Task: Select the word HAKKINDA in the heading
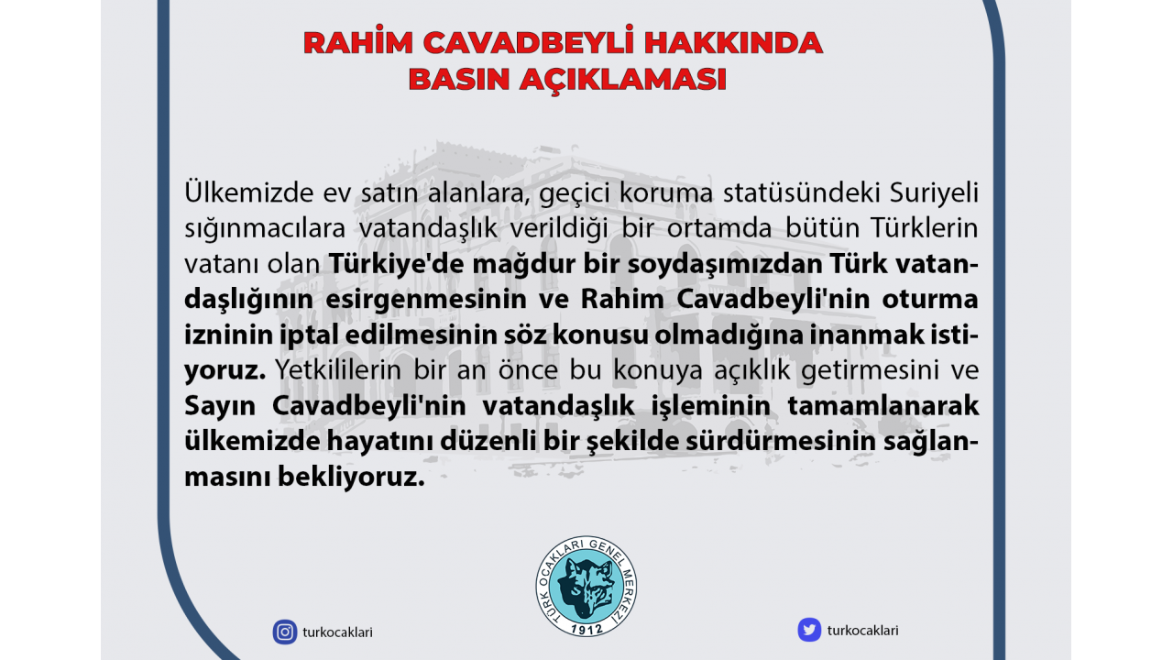[x=733, y=43]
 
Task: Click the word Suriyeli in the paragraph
[x=934, y=193]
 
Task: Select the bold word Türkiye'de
[x=397, y=264]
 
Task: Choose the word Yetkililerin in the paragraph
[x=339, y=369]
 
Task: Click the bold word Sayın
[x=220, y=406]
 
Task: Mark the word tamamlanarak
[x=882, y=405]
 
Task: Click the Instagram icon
[x=285, y=632]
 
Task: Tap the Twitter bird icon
[x=809, y=630]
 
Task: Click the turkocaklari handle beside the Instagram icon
[x=338, y=632]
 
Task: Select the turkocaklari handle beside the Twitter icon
[x=862, y=630]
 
